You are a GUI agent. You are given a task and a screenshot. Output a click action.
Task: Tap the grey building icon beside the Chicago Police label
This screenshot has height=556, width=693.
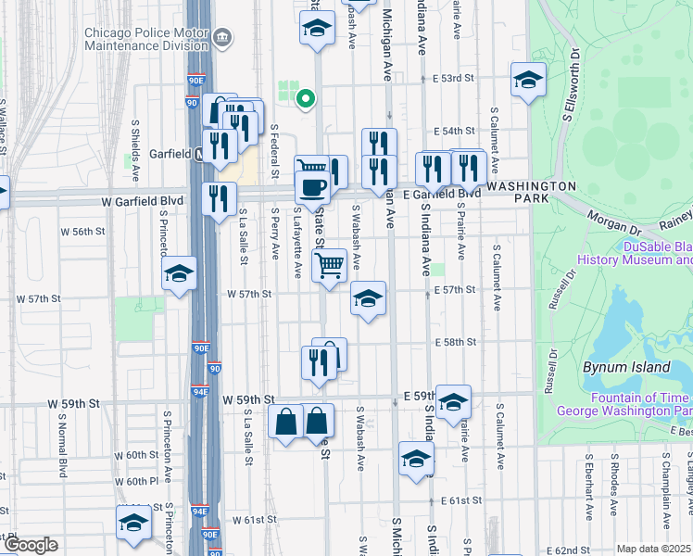coord(222,38)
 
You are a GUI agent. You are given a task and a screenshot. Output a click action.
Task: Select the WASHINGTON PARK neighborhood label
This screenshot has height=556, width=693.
coord(532,185)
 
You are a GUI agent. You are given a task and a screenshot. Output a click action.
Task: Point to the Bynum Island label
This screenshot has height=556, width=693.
coord(626,367)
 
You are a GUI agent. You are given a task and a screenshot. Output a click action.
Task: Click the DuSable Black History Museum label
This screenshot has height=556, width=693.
coord(635,254)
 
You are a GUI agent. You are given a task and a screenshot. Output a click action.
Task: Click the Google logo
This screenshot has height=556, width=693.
coord(31,545)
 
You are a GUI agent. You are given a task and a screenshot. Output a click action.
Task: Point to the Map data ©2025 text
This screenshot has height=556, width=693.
coord(654,549)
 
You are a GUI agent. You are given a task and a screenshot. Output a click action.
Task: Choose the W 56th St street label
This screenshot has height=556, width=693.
coord(80,230)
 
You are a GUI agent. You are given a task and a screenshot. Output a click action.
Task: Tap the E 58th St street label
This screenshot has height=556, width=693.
coord(453,342)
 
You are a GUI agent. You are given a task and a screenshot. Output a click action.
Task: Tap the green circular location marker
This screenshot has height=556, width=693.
coord(303,97)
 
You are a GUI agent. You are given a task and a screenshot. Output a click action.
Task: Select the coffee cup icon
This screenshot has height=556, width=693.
coord(312,187)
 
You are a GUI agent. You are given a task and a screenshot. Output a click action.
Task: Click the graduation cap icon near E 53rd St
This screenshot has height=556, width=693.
coord(528,80)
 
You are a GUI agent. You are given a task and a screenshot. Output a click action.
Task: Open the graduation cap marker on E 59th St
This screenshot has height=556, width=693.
coord(453,401)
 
